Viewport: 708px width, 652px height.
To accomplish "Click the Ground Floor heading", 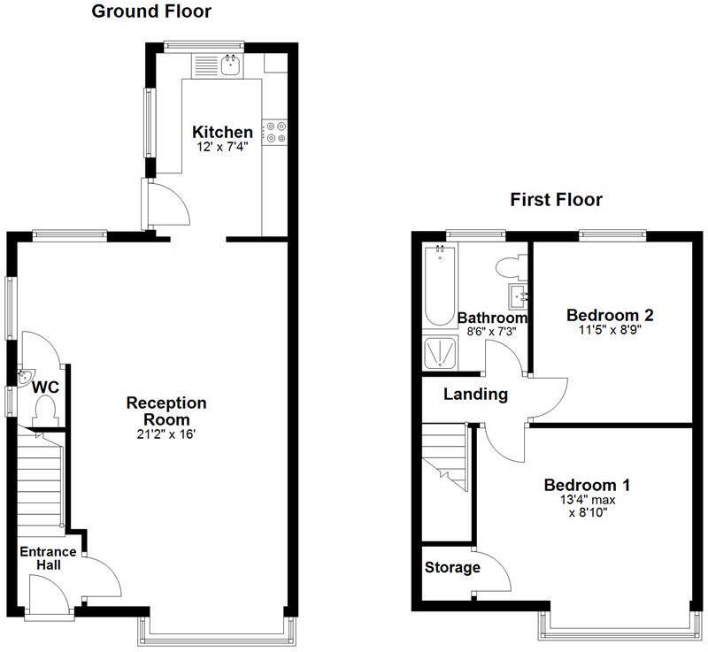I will pyautogui.click(x=151, y=12).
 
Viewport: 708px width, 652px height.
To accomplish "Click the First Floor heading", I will pyautogui.click(x=556, y=200).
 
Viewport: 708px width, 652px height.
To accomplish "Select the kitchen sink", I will pyautogui.click(x=229, y=64).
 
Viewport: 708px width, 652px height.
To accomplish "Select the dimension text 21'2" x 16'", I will pyautogui.click(x=166, y=434).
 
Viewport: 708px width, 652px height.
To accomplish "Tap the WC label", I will pyautogui.click(x=45, y=387).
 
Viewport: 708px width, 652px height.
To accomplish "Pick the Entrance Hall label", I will pyautogui.click(x=49, y=558).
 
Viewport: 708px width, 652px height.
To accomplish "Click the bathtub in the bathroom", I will pyautogui.click(x=440, y=286).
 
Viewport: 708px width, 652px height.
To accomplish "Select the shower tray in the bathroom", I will pyautogui.click(x=440, y=353).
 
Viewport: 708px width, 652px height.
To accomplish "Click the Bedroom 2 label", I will pyautogui.click(x=610, y=315).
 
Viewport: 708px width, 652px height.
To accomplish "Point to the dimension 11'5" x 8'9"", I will pyautogui.click(x=610, y=330).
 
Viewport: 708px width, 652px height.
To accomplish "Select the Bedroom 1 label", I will pyautogui.click(x=587, y=485).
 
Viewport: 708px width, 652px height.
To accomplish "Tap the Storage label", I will pyautogui.click(x=452, y=567).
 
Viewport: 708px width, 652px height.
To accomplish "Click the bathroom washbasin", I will pyautogui.click(x=517, y=293).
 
